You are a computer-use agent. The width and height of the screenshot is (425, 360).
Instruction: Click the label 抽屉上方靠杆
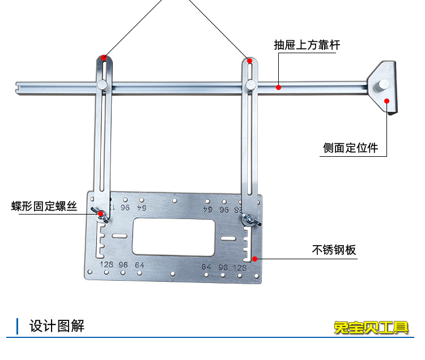[x=307, y=45]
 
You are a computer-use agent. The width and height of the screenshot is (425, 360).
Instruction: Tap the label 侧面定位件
[x=350, y=148]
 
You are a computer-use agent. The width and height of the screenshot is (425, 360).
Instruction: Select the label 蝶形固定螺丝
[x=44, y=206]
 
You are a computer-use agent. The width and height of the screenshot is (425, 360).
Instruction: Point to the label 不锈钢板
[x=334, y=249]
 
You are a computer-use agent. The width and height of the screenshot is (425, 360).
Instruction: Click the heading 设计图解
[x=57, y=326]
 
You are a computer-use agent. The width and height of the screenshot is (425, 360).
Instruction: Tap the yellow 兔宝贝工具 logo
[x=371, y=327]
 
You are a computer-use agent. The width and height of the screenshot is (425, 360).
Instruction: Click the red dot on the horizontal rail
[x=278, y=87]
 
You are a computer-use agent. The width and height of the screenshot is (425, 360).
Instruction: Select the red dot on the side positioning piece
[x=387, y=101]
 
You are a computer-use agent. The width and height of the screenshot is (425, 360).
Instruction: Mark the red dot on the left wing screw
[x=100, y=214]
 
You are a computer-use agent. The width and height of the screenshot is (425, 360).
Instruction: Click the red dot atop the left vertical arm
[x=103, y=57]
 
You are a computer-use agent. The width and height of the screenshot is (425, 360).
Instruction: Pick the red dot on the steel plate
[x=256, y=259]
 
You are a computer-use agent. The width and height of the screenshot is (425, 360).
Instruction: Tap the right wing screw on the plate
[x=248, y=218]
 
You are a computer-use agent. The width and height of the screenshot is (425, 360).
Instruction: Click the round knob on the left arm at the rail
[x=102, y=85]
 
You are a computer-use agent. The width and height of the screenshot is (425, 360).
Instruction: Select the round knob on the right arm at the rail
[x=250, y=85]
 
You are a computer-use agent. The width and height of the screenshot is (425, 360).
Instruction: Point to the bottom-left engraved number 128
[x=106, y=265]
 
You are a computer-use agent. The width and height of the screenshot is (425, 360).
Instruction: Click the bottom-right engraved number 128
[x=240, y=267]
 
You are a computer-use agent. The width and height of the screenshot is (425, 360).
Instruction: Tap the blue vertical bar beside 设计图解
[x=18, y=326]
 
